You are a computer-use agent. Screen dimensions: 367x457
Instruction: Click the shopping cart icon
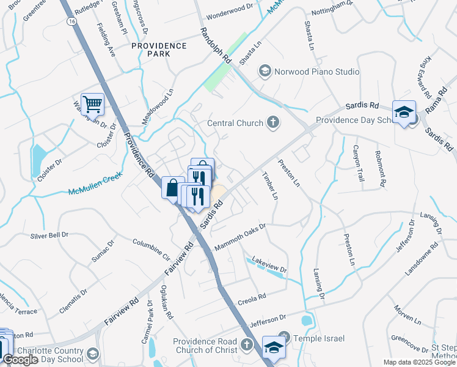click(x=92, y=104)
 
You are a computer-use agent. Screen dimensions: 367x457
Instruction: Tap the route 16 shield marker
click(x=72, y=21)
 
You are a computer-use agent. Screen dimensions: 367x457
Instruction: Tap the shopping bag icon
click(x=172, y=187)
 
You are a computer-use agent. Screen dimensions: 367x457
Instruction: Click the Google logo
click(x=21, y=360)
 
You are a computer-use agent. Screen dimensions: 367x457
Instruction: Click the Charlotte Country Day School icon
click(x=92, y=354)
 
